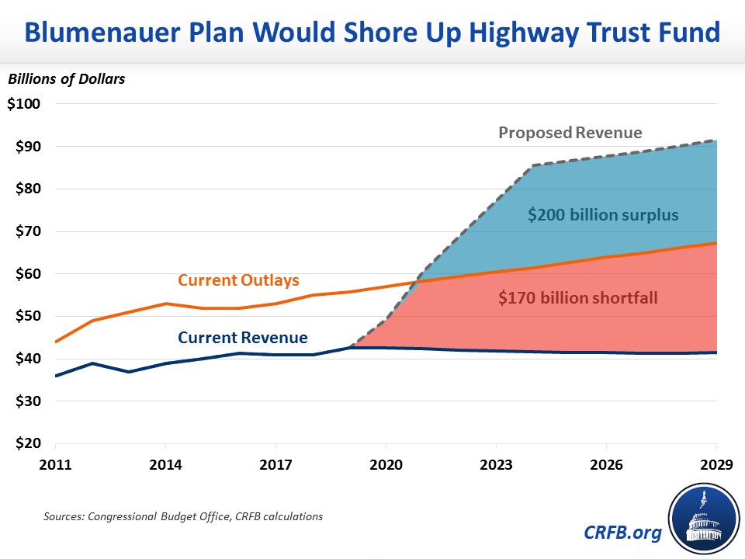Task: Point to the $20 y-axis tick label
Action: pyautogui.click(x=26, y=444)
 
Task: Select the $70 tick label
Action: pyautogui.click(x=26, y=231)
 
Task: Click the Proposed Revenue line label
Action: pyautogui.click(x=570, y=133)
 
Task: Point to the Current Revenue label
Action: pyautogui.click(x=242, y=338)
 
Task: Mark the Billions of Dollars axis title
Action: pyautogui.click(x=67, y=78)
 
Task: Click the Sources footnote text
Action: pyautogui.click(x=182, y=516)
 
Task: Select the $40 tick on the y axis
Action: pyautogui.click(x=26, y=359)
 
